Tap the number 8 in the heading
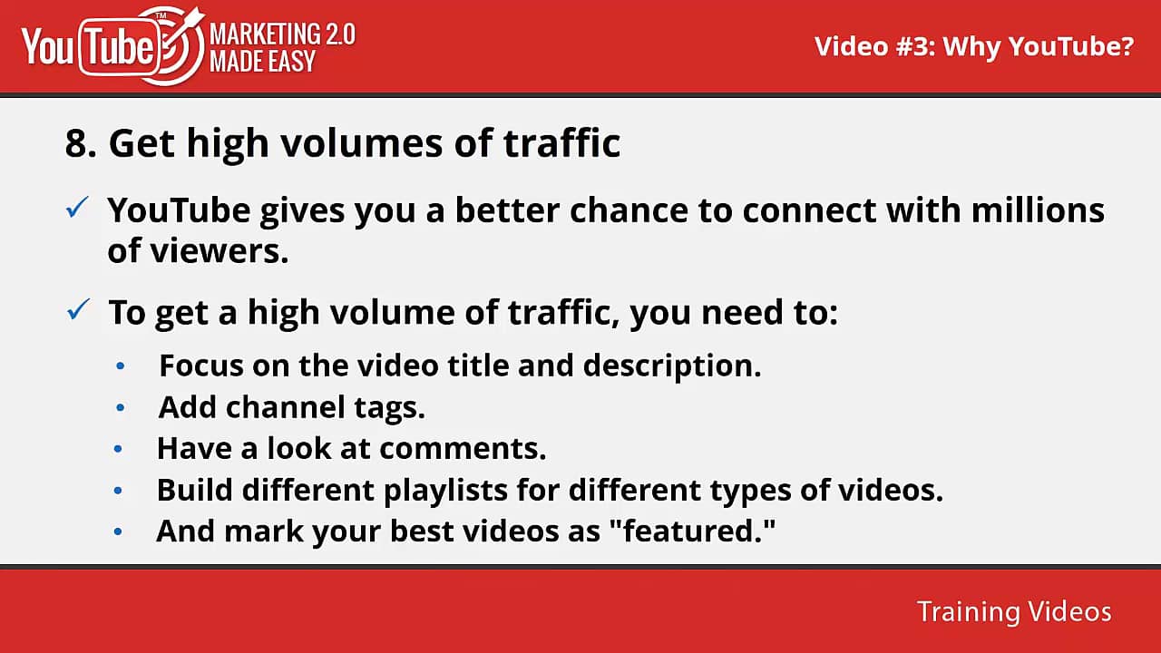[x=80, y=144]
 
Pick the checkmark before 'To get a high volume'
[x=77, y=312]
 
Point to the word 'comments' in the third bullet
[x=463, y=448]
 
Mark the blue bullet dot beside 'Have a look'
[x=119, y=449]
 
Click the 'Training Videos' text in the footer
[x=1013, y=611]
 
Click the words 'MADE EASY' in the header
[x=263, y=63]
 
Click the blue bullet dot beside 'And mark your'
[x=119, y=532]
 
